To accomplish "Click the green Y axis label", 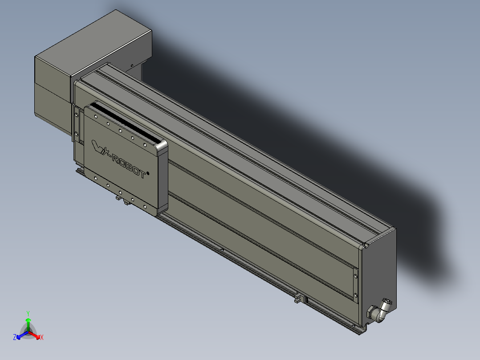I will pos(28,313).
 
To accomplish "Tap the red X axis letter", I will pos(42,337).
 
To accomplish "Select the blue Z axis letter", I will pos(15,338).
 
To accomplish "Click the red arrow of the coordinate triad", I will pos(36,335).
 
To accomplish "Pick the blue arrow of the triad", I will pos(20,335).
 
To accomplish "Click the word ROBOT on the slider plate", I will pos(128,166).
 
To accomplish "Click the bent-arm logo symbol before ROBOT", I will pos(98,146).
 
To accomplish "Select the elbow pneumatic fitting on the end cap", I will pos(382,310).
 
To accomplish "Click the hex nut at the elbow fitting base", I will pos(370,311).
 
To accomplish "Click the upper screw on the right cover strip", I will pos(355,276).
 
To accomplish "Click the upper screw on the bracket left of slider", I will pos(77,115).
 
